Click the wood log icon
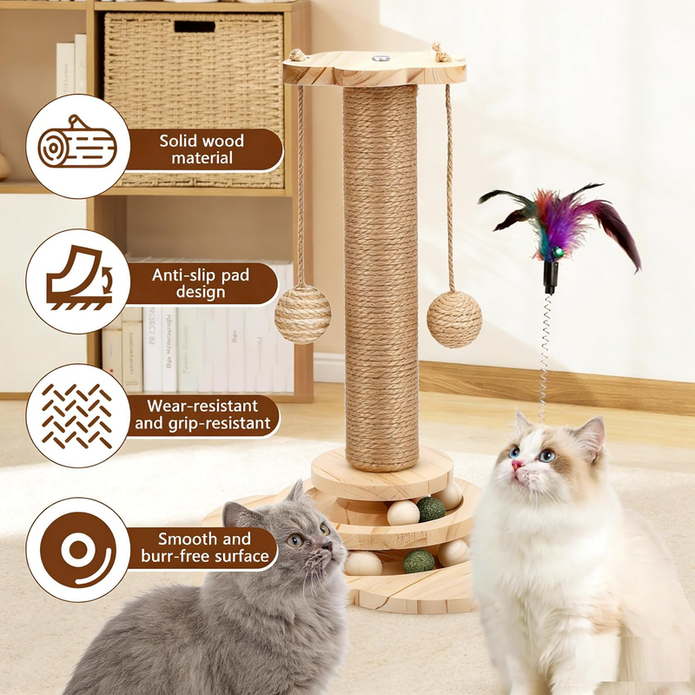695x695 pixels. [x=77, y=142]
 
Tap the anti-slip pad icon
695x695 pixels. [x=79, y=278]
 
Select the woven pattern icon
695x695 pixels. [x=77, y=416]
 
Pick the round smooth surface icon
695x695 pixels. [x=78, y=550]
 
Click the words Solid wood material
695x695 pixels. [x=202, y=149]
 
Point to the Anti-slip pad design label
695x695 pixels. [x=201, y=284]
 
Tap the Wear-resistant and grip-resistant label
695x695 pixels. [x=202, y=414]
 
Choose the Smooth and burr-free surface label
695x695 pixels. [x=205, y=547]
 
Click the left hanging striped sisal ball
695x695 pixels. [x=302, y=314]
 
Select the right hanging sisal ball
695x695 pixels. [x=454, y=319]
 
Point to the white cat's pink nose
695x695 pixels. [x=517, y=465]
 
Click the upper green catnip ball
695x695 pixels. [x=431, y=509]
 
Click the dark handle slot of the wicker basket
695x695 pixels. [x=195, y=26]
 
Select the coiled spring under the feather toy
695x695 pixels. [x=546, y=357]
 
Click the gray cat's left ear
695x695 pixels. [x=236, y=514]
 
